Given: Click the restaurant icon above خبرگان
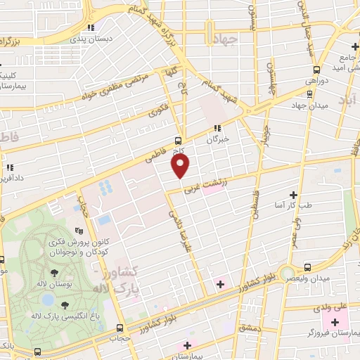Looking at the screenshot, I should coord(217,129).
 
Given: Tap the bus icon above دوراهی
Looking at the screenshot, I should coord(316,70).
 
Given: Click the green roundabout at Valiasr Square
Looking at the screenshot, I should coord(286,273).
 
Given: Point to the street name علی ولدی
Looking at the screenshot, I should coord(334,307).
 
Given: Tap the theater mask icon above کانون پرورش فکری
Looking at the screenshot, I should coord(79,230).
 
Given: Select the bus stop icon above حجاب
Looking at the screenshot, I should coord(119,328).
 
